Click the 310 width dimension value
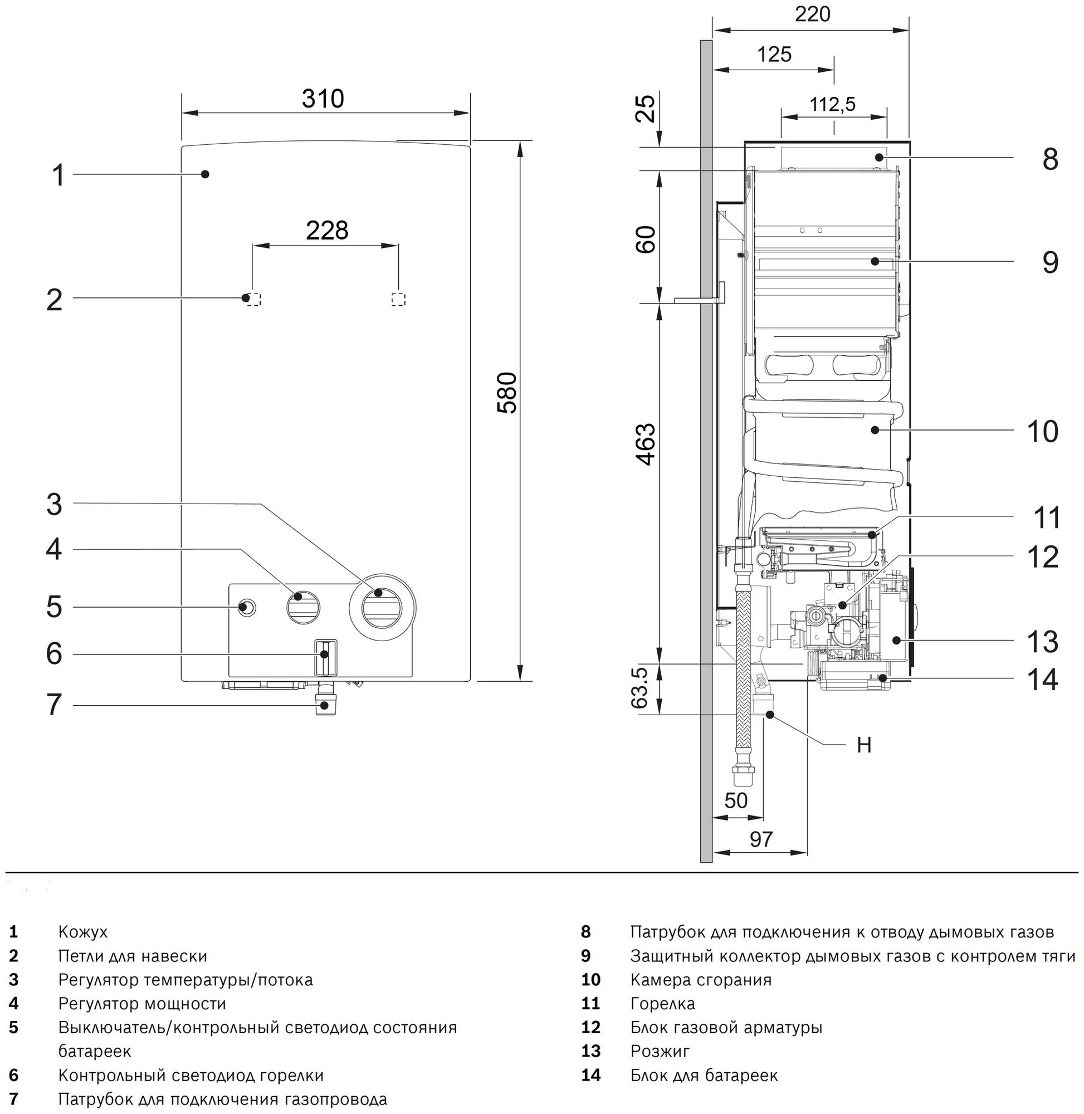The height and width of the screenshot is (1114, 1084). tap(323, 99)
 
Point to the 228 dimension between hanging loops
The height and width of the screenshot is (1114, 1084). tap(327, 231)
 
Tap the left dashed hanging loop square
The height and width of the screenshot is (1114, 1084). tap(254, 300)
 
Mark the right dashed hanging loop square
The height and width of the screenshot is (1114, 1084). tap(398, 300)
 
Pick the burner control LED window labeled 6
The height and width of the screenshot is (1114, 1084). tap(325, 657)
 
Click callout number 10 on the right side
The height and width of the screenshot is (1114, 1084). tap(1042, 432)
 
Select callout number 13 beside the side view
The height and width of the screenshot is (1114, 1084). tap(1042, 642)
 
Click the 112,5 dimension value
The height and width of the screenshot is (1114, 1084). tap(832, 105)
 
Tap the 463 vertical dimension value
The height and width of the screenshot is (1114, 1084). tap(645, 444)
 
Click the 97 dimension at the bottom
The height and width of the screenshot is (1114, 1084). tap(760, 839)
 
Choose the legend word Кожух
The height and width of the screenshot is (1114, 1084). tap(82, 932)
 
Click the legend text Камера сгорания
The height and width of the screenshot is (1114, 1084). tap(701, 980)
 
